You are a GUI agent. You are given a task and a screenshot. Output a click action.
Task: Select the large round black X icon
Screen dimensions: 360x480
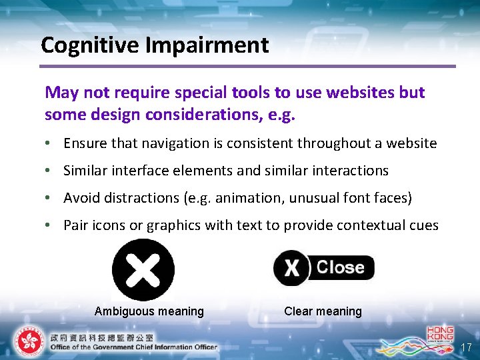pyautogui.click(x=143, y=270)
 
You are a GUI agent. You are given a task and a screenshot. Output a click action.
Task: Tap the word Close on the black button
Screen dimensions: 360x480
pyautogui.click(x=340, y=267)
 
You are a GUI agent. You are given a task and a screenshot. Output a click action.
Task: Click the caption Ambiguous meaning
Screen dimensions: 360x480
pyautogui.click(x=149, y=311)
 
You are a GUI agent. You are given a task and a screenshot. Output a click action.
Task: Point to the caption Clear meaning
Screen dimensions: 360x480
pyautogui.click(x=323, y=311)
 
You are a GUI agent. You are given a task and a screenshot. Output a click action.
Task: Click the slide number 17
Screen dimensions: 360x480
pyautogui.click(x=466, y=347)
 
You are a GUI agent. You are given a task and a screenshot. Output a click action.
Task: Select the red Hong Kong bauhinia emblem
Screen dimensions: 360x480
pyautogui.click(x=28, y=341)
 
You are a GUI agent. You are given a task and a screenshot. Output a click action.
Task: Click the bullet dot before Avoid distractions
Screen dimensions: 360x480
pyautogui.click(x=51, y=198)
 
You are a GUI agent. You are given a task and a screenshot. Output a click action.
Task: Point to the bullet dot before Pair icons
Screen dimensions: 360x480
pyautogui.click(x=51, y=225)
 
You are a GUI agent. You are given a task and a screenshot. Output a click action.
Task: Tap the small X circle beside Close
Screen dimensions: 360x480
pyautogui.click(x=291, y=267)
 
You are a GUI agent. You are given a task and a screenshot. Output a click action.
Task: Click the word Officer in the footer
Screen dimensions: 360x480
pyautogui.click(x=201, y=347)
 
